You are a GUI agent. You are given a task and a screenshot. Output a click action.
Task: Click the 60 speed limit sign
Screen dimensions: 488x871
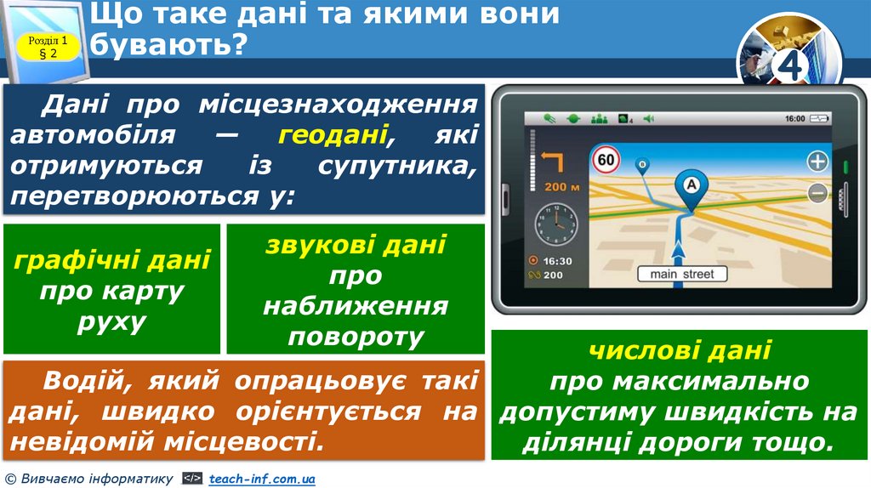coord(606,159)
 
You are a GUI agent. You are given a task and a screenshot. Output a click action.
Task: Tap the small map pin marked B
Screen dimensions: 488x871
coord(642,164)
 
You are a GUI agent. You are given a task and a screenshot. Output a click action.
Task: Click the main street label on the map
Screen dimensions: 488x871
coord(682,274)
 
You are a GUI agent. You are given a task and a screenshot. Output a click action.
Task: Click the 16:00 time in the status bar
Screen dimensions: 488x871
coord(794,119)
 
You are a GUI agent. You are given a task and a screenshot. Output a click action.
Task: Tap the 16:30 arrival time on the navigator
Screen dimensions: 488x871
coord(556,261)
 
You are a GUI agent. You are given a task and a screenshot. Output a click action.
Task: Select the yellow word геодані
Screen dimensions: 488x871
coord(333,134)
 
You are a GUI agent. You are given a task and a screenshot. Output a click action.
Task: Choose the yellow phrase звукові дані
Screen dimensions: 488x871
coord(356,245)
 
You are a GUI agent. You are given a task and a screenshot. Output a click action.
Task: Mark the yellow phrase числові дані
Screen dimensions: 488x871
coord(679,349)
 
